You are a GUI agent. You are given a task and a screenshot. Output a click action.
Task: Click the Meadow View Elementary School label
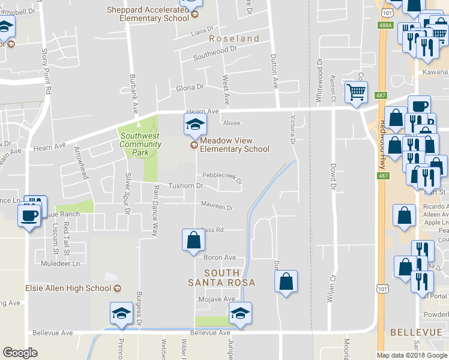coord(234,145)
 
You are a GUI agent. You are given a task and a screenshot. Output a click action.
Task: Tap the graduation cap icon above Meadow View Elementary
coord(194,125)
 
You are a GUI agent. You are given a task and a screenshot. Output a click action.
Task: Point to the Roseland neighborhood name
coord(234,38)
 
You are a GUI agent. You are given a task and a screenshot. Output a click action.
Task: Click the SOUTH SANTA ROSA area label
coord(221,278)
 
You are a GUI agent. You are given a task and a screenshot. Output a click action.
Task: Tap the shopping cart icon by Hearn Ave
coord(355,92)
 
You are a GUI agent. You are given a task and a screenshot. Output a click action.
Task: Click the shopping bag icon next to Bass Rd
coord(194,240)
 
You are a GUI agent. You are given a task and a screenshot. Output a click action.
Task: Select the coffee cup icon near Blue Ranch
coord(30,215)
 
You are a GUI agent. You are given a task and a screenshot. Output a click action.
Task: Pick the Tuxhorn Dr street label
coord(185,186)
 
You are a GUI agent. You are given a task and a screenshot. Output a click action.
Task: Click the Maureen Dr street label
coord(216,207)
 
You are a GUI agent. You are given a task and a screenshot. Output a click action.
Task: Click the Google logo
coord(20,353)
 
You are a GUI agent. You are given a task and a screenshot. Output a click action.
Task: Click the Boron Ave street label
coord(217,257)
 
